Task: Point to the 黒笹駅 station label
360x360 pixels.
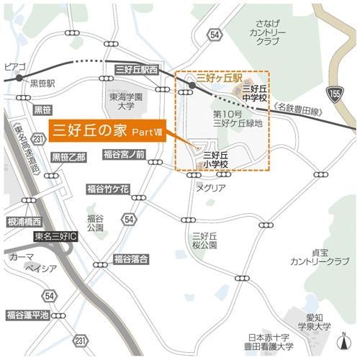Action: click(42, 84)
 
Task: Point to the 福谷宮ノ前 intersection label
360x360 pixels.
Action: click(124, 154)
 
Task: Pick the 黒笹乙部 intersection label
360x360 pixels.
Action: click(68, 156)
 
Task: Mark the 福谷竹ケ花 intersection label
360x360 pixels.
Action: click(108, 189)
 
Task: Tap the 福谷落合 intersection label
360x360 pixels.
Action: click(130, 258)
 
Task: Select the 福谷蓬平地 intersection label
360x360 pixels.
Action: click(27, 315)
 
